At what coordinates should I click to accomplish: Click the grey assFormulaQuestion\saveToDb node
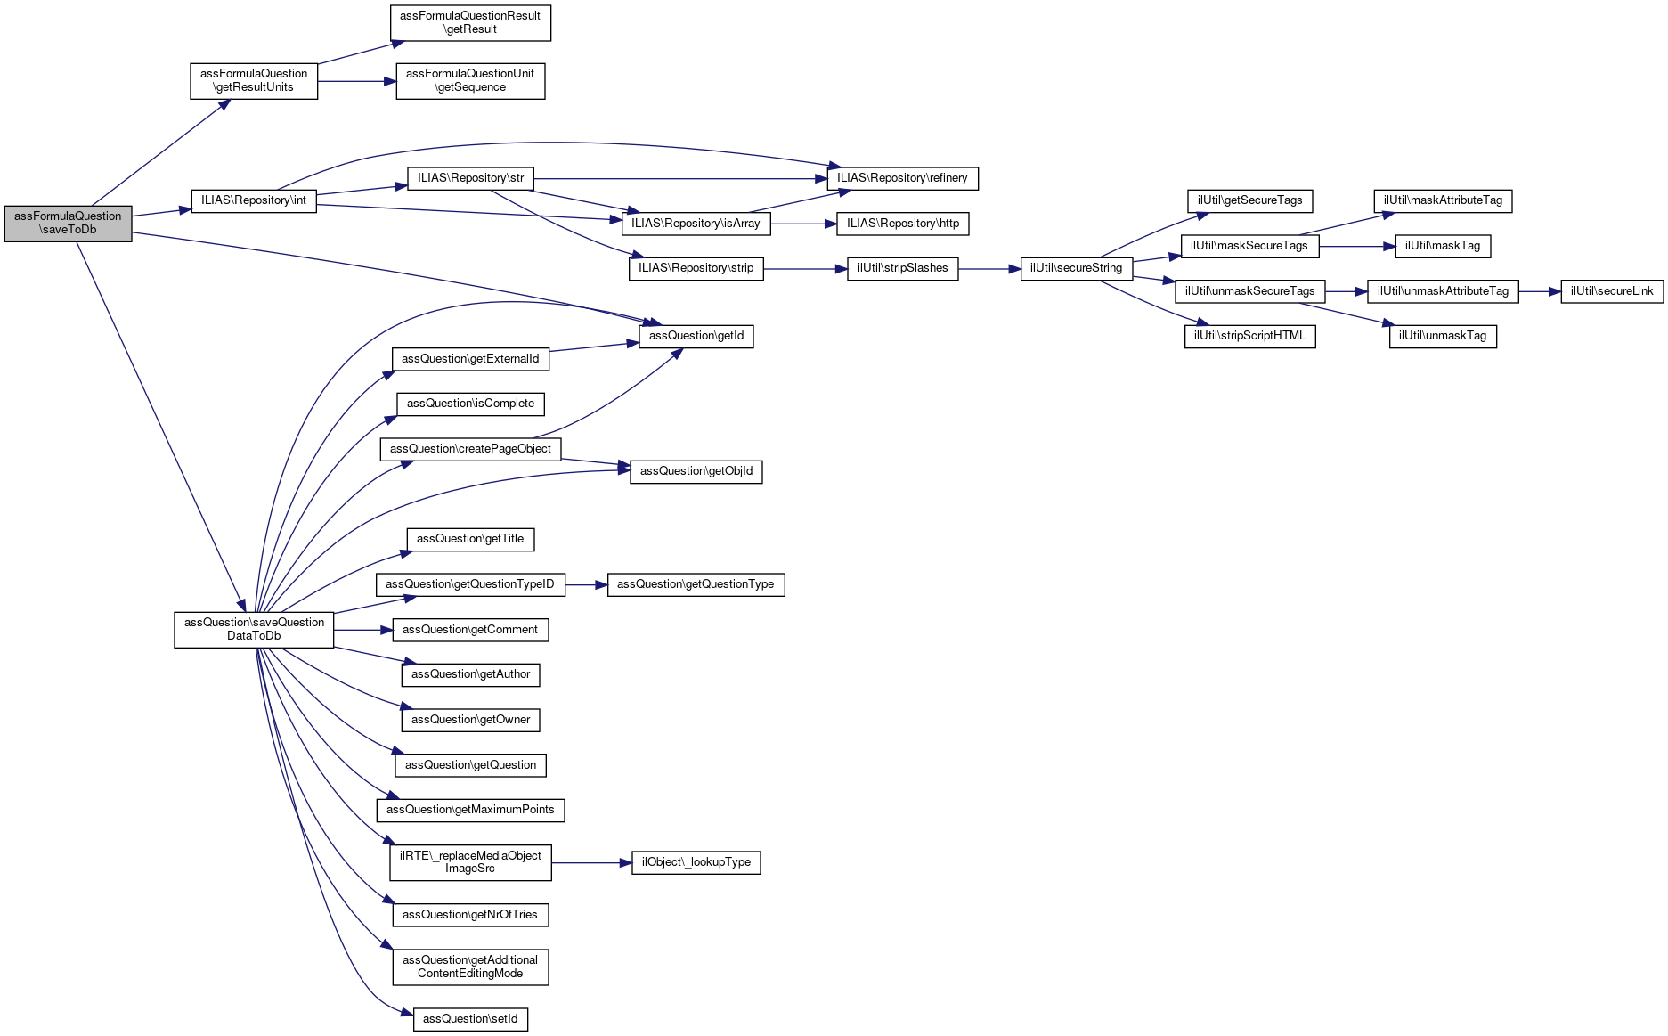tap(68, 223)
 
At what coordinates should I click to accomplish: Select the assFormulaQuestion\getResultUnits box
tap(254, 80)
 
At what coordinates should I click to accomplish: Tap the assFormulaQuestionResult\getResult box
tap(470, 22)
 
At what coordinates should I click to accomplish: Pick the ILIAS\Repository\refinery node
tap(902, 178)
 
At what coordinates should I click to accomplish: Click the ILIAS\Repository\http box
tap(902, 224)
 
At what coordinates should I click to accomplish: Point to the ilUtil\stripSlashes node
tap(902, 268)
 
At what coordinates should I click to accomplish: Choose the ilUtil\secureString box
tap(1076, 268)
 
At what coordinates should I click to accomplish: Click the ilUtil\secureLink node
tap(1611, 291)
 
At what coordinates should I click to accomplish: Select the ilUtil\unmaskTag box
tap(1442, 336)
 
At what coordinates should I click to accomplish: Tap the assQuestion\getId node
tap(696, 336)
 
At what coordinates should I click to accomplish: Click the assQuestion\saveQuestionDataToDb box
tap(254, 629)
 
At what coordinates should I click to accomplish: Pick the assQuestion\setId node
tap(470, 1019)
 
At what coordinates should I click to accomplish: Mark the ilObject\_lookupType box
tap(696, 862)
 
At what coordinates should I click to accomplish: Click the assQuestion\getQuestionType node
tap(696, 584)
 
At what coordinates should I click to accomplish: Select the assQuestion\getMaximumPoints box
tap(470, 810)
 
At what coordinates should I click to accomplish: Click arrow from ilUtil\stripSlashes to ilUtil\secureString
tap(989, 268)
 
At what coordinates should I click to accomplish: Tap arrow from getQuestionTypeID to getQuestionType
tap(586, 584)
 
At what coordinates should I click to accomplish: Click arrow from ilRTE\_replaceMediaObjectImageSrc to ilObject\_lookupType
tap(591, 862)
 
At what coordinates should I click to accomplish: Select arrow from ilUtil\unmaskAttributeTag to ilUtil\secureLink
tap(1540, 291)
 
